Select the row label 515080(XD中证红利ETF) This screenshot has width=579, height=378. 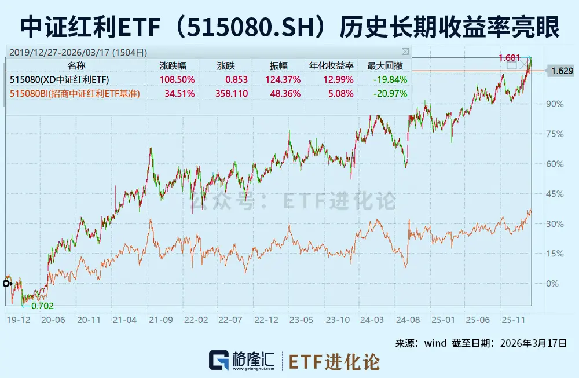[60, 79]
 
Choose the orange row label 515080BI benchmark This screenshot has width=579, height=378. [75, 93]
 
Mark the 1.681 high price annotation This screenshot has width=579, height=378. [510, 57]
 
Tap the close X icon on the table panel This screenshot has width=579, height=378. [405, 51]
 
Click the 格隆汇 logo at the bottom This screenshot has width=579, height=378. [243, 360]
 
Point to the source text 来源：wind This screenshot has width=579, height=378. [421, 343]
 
